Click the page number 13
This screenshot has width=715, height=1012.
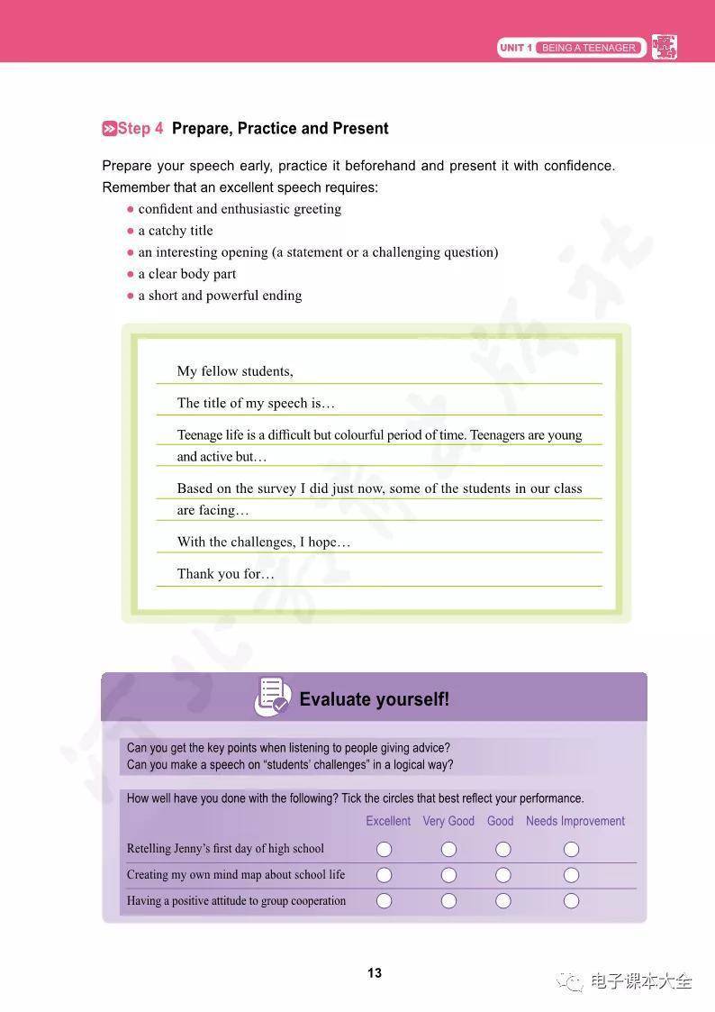coord(375,973)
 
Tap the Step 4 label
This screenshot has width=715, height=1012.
coord(133,129)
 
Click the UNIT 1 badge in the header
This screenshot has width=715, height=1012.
coord(516,48)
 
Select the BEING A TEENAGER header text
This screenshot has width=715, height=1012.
coord(589,48)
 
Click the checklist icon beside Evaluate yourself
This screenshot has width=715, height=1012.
coord(272,697)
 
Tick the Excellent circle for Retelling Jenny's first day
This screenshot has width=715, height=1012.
coord(385,849)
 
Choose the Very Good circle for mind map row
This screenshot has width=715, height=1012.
coord(448,875)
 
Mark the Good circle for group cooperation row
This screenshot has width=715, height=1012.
coord(503,901)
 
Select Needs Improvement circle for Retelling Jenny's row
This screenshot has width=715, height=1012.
coord(571,849)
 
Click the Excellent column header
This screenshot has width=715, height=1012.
coord(388,821)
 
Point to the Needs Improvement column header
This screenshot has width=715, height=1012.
coord(575,821)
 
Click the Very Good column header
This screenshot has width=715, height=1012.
coord(448,821)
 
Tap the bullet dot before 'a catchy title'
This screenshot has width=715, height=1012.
coord(131,231)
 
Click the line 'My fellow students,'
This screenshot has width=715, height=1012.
coord(235,371)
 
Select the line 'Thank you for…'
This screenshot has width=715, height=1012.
coord(225,574)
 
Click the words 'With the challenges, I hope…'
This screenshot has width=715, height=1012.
coord(264,542)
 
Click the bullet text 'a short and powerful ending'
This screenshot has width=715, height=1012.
coord(220,296)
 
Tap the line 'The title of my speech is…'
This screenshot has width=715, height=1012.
coord(256,403)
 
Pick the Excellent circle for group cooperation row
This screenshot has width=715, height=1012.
coord(385,901)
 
